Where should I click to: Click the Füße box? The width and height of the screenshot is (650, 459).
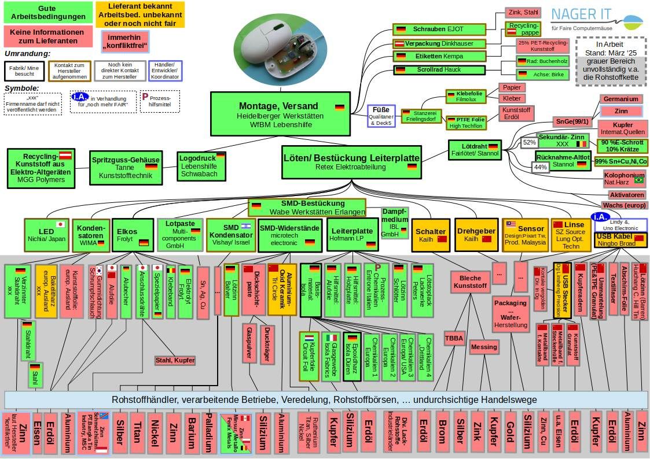(381, 115)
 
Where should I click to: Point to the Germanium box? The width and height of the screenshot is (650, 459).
(621, 99)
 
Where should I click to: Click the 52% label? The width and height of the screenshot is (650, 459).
(529, 142)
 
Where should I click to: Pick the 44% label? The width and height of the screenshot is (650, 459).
(540, 167)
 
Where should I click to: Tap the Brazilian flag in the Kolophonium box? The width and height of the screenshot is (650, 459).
(638, 180)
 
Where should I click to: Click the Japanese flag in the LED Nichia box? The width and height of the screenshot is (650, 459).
(60, 224)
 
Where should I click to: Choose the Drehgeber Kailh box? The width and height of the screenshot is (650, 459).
(476, 235)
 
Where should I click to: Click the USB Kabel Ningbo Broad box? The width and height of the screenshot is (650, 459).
(620, 240)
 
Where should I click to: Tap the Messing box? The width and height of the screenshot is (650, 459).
(484, 347)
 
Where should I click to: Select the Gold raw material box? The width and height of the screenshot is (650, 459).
(510, 431)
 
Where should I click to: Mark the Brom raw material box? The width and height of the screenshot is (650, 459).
(442, 431)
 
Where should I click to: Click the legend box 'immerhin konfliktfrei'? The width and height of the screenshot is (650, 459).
(124, 41)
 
